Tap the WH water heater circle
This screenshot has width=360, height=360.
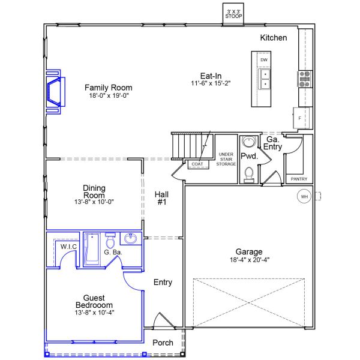304,196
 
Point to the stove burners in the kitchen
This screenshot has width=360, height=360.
305,78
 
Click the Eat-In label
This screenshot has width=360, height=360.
211,76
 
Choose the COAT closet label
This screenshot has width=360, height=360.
196,164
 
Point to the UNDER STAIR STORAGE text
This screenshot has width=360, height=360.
226,159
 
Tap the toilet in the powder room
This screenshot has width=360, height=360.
249,173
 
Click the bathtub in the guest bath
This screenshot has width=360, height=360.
92,249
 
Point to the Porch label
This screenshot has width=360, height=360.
163,343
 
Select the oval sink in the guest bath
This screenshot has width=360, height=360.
130,239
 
